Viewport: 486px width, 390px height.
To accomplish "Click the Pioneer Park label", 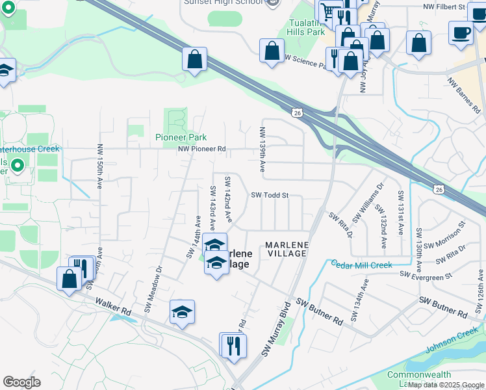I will click(x=181, y=137).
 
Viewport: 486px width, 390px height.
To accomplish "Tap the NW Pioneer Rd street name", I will click(x=202, y=149).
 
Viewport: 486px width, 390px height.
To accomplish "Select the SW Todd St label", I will click(x=269, y=195).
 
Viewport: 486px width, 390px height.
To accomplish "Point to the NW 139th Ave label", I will click(x=262, y=149).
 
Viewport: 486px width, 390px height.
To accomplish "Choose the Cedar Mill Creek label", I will click(x=362, y=265).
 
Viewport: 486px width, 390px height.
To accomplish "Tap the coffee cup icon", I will click(x=461, y=32).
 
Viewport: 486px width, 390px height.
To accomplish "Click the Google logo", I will click(x=21, y=382).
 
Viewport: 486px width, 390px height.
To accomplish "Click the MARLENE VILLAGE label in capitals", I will click(x=286, y=249).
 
